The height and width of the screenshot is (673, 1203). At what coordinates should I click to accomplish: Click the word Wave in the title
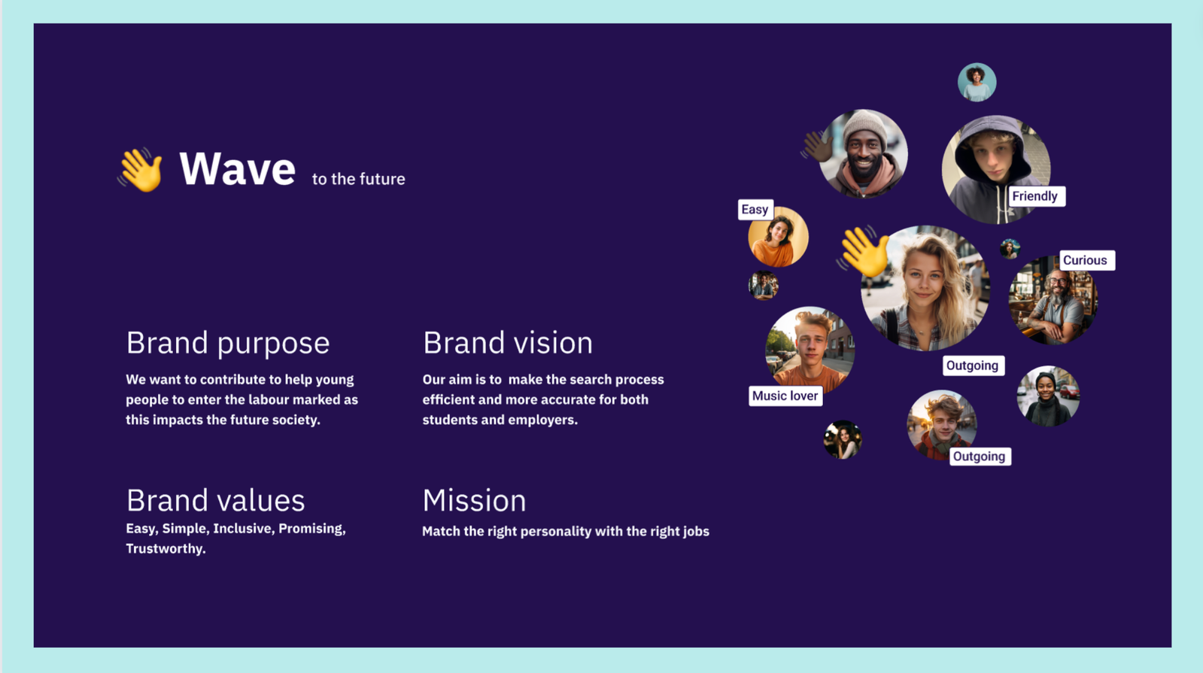238,169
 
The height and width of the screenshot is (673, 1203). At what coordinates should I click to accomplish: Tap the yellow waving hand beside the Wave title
141,170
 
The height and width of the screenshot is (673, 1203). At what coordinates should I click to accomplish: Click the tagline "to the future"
359,179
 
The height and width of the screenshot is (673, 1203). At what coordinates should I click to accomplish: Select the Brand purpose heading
228,343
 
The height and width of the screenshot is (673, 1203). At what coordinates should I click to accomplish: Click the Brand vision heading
508,343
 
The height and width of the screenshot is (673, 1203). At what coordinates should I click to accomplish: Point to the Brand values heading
215,501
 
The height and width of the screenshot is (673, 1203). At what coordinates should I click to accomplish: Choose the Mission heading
474,501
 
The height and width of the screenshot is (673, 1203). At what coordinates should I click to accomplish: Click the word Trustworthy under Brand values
165,548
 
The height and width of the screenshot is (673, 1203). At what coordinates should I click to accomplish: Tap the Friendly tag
1035,196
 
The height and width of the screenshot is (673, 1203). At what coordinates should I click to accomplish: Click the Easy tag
755,209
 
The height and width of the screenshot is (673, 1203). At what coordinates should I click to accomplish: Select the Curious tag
1086,260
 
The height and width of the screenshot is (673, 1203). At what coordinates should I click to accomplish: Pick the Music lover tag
785,396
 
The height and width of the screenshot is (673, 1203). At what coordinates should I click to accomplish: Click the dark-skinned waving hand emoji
816,146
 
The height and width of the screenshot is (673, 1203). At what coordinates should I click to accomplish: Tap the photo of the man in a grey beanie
863,154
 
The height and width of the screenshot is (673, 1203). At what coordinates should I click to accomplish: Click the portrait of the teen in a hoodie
996,170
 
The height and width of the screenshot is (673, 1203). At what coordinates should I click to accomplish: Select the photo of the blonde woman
925,288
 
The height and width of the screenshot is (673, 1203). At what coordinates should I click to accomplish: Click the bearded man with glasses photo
1053,300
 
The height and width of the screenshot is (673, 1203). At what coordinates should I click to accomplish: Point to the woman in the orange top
778,237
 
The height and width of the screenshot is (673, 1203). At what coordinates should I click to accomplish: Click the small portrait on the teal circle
977,82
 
